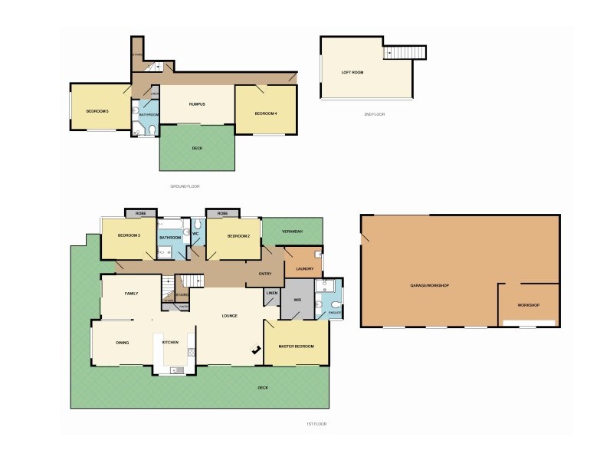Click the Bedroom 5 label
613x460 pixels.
tap(97, 112)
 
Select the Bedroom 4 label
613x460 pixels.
tap(266, 113)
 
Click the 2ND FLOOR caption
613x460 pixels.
tap(375, 113)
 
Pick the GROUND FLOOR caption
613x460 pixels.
tap(185, 186)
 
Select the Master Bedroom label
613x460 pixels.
tap(297, 347)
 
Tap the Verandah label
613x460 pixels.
tap(293, 232)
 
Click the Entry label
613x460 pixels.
tap(264, 273)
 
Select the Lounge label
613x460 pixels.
tap(229, 315)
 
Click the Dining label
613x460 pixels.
tap(123, 342)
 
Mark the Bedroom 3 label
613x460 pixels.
tap(129, 235)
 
